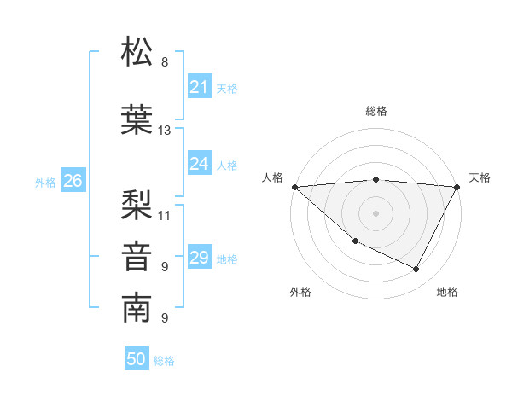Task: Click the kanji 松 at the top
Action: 137,53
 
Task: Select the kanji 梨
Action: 137,203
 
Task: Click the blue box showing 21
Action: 199,87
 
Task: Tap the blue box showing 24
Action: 199,165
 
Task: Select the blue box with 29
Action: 199,259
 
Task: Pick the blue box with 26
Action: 73,181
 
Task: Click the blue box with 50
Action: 137,360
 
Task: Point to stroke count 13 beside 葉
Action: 165,131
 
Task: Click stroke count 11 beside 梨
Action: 165,215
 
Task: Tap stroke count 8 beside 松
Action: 165,63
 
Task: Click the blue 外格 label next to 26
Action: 45,182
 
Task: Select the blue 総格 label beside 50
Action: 164,361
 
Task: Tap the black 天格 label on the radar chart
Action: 480,177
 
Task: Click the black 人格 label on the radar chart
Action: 272,177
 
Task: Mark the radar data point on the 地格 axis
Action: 416,269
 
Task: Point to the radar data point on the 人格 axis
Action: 294,186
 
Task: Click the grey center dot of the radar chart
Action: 375,212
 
